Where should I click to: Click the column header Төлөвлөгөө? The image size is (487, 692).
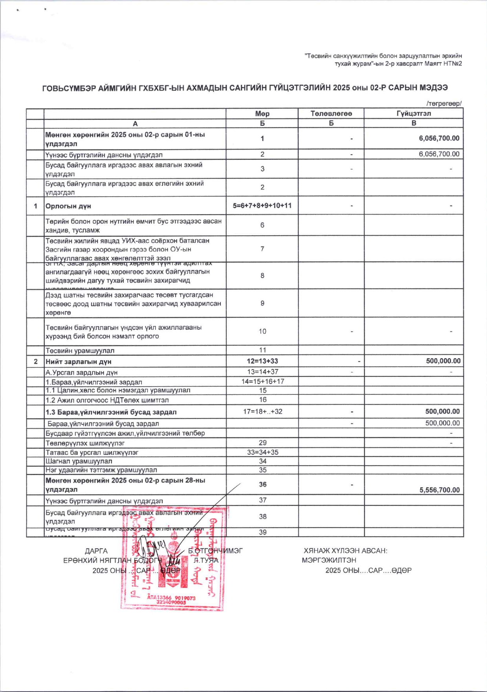click(331, 113)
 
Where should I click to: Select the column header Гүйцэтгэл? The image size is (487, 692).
click(414, 113)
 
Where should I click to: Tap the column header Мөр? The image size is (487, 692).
click(262, 114)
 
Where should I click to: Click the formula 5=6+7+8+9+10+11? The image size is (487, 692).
click(262, 206)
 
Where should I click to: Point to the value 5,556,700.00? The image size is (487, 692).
click(439, 490)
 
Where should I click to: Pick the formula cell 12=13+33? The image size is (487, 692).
click(262, 361)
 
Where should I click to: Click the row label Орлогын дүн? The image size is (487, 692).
click(68, 206)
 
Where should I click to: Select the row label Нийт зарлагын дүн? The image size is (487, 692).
click(78, 362)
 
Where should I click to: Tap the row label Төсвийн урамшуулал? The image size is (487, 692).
click(80, 351)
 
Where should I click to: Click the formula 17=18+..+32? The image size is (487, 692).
click(262, 412)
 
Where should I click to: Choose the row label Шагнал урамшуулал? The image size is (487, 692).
click(79, 461)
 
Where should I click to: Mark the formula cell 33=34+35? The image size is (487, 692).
click(262, 452)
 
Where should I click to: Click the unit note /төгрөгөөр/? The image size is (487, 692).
click(444, 104)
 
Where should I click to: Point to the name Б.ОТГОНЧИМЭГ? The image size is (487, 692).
click(215, 551)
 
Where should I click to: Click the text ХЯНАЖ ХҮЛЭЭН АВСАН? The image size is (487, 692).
click(345, 551)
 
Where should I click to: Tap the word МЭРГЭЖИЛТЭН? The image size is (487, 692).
click(329, 560)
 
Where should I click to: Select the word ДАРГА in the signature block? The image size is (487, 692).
click(96, 551)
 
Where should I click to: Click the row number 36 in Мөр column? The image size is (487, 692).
click(262, 484)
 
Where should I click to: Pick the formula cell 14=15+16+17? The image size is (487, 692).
click(262, 382)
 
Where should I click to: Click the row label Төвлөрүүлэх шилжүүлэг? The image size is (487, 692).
click(85, 443)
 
